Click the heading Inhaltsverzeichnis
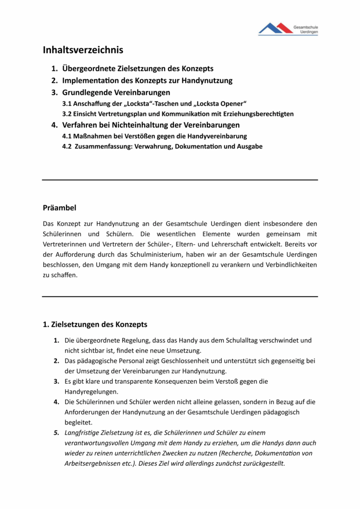coord(83,50)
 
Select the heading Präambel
coord(59,207)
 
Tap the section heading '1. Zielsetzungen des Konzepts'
coord(95,325)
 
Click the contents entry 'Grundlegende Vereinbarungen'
coord(116,92)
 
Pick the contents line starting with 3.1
coord(154,103)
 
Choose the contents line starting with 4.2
coord(162,147)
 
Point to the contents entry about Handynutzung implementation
coord(147,81)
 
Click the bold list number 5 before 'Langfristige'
coord(57,433)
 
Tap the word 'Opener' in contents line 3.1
coord(233,103)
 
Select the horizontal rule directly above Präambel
coord(180,180)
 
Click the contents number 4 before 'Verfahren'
coord(55,125)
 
